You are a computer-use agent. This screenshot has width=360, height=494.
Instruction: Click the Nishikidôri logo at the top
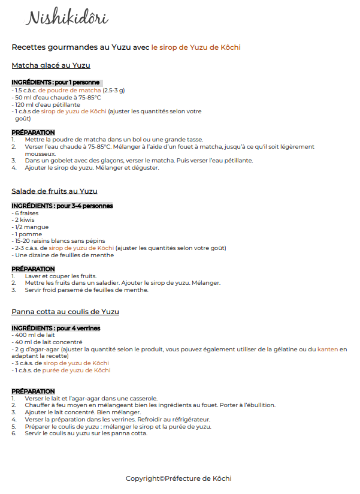[66, 18]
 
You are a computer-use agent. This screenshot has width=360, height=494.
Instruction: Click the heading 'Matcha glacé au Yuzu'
[51, 65]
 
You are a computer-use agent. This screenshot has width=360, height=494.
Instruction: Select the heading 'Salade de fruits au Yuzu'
[55, 191]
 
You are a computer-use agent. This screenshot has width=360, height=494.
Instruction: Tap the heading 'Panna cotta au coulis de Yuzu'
[65, 312]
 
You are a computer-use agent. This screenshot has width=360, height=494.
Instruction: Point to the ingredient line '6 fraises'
[24, 213]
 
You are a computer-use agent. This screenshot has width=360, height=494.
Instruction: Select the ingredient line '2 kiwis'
[23, 220]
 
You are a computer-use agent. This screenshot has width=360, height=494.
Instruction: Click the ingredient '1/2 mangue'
[27, 227]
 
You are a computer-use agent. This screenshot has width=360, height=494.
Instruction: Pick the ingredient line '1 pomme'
[25, 234]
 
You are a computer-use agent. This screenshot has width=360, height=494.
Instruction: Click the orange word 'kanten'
[328, 349]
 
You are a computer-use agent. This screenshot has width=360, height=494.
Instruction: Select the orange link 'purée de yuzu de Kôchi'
[76, 370]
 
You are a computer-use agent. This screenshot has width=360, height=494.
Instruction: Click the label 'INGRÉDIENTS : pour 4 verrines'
[56, 329]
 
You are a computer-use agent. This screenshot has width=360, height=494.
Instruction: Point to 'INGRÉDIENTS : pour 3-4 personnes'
[62, 206]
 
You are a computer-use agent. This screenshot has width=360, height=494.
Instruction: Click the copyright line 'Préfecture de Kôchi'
[179, 478]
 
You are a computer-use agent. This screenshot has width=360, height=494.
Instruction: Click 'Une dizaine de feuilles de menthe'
[63, 255]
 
